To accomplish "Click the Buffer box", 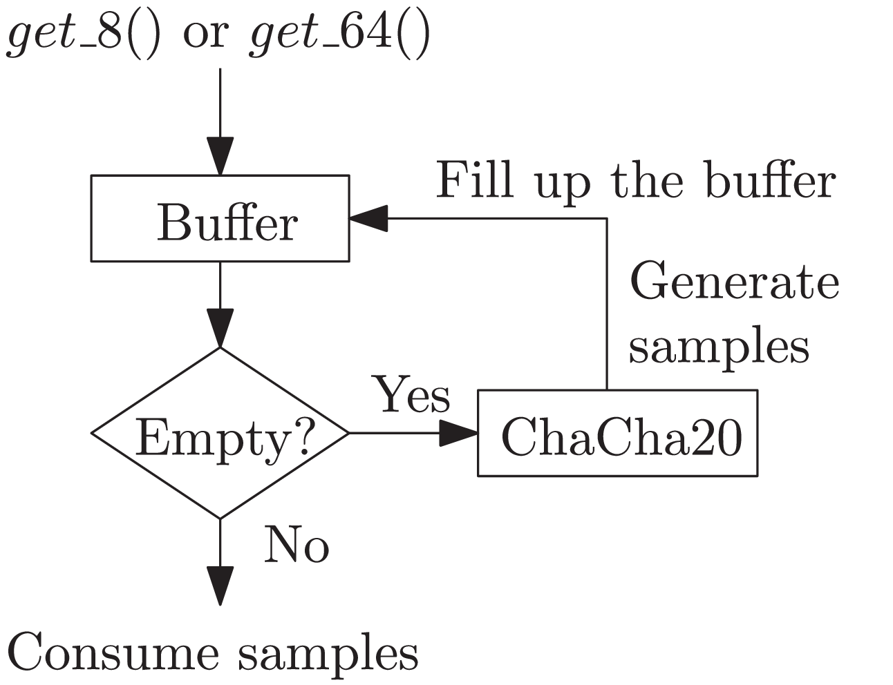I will pyautogui.click(x=220, y=219).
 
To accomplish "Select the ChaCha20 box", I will pyautogui.click(x=617, y=434).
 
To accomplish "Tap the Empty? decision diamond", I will pyautogui.click(x=220, y=434).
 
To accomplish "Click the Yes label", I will pyautogui.click(x=412, y=396).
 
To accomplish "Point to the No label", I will pyautogui.click(x=297, y=545).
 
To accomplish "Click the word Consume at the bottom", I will pyautogui.click(x=115, y=653).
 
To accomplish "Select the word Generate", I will pyautogui.click(x=734, y=282).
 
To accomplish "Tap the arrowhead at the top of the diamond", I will pyautogui.click(x=220, y=329).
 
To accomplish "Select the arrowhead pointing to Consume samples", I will pyautogui.click(x=220, y=586).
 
